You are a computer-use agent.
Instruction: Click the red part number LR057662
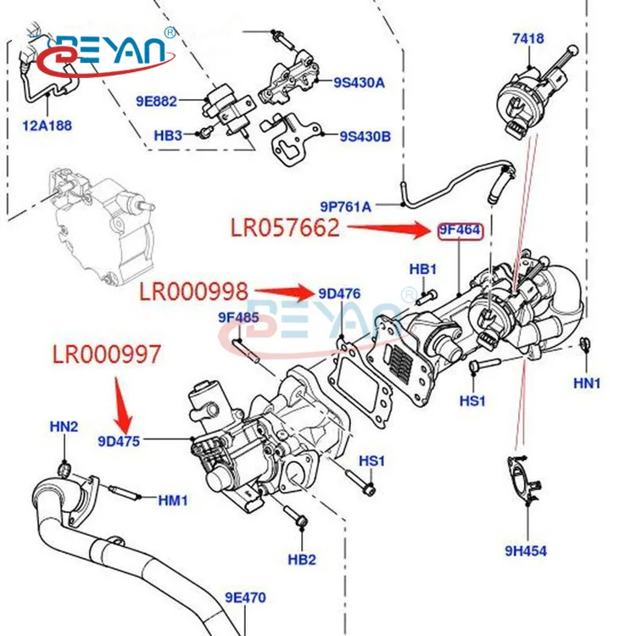(285, 228)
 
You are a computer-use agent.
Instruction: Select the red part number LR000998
(194, 293)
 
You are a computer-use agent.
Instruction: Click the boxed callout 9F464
(460, 229)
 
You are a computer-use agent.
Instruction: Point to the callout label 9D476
(340, 294)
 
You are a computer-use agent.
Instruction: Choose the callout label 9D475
(119, 440)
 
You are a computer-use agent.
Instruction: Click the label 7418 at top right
(527, 38)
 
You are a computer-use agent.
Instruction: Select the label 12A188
(47, 126)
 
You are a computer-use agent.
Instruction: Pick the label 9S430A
(359, 82)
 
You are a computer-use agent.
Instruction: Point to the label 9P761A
(345, 205)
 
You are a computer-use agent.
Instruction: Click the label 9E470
(245, 597)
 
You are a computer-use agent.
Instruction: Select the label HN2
(64, 427)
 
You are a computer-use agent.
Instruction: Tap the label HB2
(302, 559)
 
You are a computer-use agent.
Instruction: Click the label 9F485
(238, 318)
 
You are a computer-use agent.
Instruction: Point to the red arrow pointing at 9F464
(390, 227)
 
